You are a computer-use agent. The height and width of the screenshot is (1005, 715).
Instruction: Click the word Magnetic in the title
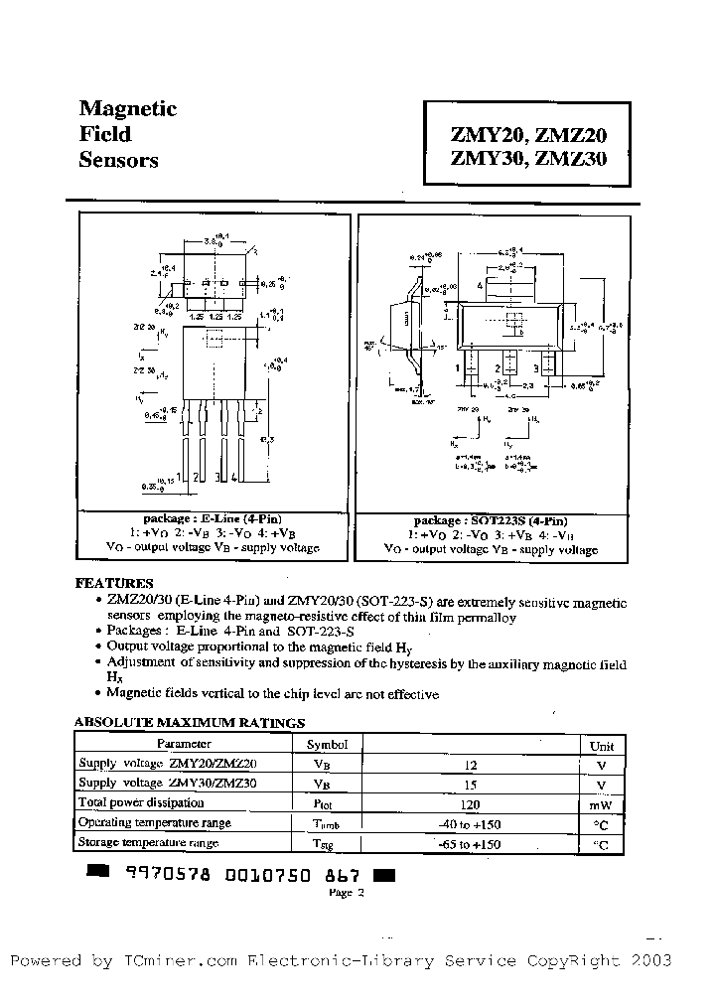127,108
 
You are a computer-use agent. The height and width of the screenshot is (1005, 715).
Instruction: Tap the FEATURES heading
114,583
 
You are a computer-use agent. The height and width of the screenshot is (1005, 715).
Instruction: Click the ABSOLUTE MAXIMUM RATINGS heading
190,723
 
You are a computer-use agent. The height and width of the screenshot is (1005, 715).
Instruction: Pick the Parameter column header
184,744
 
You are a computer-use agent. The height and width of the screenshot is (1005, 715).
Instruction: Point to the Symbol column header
327,744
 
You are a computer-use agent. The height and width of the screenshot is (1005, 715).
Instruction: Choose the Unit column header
602,746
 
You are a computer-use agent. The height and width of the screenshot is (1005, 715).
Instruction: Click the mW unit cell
601,805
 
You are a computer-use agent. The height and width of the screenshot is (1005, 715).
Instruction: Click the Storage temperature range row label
148,843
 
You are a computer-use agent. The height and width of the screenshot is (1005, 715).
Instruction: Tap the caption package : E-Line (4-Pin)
214,519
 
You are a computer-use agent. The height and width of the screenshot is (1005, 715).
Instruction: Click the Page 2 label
348,893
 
